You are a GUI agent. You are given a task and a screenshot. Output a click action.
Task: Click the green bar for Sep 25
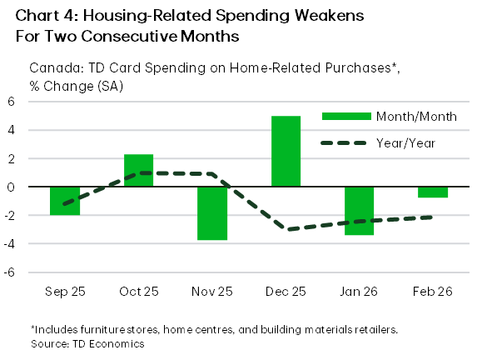coord(64,201)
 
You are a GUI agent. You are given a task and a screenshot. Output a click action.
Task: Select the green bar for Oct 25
coord(138,170)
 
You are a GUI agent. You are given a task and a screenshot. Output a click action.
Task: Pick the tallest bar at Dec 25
coord(286,151)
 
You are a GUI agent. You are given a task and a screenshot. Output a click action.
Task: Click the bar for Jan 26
coord(360,211)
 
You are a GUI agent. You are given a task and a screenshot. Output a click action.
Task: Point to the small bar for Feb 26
coord(433,192)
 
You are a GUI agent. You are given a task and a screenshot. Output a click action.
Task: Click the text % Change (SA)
coord(76,86)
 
